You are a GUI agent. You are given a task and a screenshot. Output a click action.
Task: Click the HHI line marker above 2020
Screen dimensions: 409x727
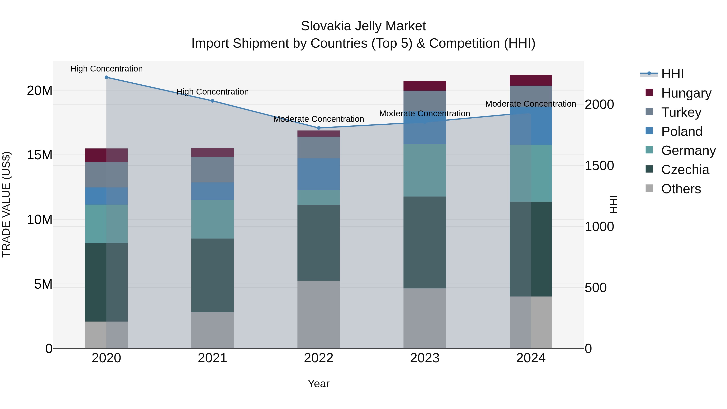(x=106, y=77)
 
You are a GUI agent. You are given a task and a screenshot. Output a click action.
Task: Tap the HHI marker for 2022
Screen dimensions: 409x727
(x=319, y=128)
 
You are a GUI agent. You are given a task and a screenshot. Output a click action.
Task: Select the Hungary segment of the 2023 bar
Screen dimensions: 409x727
(x=424, y=86)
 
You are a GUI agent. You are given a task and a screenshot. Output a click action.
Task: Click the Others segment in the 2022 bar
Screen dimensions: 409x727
(x=319, y=314)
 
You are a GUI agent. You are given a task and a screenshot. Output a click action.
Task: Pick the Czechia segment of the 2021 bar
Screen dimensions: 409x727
(x=212, y=275)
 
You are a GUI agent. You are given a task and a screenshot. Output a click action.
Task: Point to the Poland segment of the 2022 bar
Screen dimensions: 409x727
(x=319, y=174)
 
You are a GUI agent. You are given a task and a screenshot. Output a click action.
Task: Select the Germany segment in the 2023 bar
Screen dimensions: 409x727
(x=424, y=170)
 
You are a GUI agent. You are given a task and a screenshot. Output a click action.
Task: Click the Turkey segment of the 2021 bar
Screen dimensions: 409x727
(x=212, y=170)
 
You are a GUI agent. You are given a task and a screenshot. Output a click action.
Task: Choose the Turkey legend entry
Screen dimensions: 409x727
(x=681, y=112)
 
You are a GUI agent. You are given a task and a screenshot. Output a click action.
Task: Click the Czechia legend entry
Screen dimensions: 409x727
(x=685, y=170)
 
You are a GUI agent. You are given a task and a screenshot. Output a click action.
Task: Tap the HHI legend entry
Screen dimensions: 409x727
(x=672, y=74)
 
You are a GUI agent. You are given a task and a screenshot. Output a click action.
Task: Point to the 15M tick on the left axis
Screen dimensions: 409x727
(x=40, y=155)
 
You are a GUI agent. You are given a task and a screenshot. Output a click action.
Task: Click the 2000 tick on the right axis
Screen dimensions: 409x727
(x=599, y=104)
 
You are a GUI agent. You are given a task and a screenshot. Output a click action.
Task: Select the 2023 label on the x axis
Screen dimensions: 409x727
(x=424, y=358)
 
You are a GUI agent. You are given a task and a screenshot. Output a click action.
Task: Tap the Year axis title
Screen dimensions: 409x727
(x=319, y=384)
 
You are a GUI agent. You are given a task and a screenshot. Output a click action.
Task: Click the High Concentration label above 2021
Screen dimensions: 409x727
(x=212, y=92)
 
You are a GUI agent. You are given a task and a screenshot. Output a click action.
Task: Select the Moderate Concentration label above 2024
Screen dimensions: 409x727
(x=531, y=104)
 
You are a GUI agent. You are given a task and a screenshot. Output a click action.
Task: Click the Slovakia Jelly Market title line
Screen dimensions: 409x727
(x=363, y=26)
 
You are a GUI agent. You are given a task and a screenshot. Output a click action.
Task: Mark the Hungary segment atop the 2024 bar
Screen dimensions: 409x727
(x=531, y=80)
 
